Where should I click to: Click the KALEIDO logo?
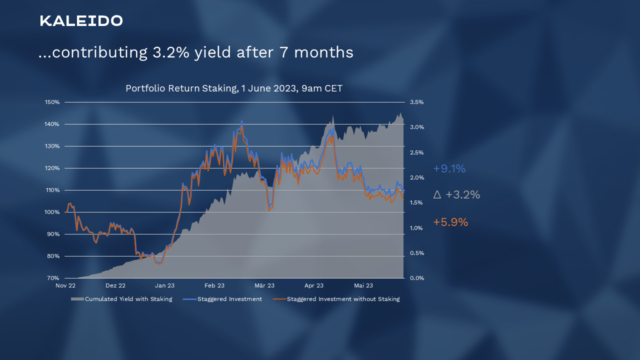click(81, 21)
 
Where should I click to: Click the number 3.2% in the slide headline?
click(168, 52)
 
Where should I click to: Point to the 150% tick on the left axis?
click(52, 102)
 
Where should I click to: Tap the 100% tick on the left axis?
click(52, 212)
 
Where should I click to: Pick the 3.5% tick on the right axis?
click(417, 102)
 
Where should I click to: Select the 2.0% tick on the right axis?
click(417, 177)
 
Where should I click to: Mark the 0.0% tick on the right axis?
click(417, 278)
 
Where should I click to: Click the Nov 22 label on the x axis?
click(65, 286)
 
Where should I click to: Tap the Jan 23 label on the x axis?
click(164, 286)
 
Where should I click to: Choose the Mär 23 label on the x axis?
click(264, 286)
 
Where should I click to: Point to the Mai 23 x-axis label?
click(363, 286)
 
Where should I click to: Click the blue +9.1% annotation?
click(449, 169)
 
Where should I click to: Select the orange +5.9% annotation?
click(450, 222)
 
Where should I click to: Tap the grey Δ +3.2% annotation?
click(456, 195)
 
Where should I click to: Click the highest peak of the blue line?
click(242, 120)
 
